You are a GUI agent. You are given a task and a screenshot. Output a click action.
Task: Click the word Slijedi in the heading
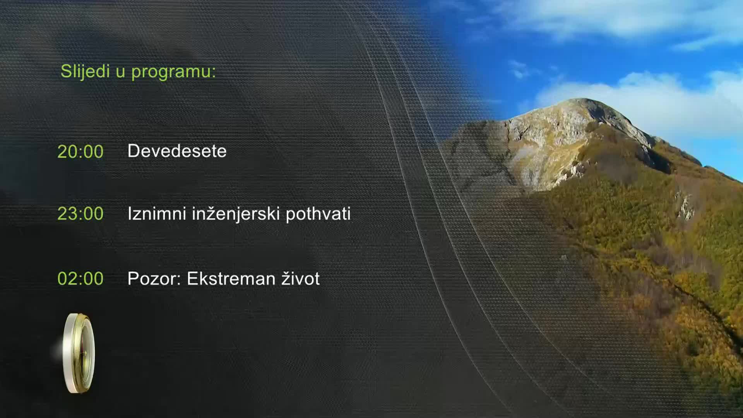(85, 72)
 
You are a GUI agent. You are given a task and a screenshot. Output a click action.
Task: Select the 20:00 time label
(80, 152)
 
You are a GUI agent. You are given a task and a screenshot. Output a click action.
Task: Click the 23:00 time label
(80, 214)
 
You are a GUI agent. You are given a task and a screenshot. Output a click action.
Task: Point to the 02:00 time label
(80, 279)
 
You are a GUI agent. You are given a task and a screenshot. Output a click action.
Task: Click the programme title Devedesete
(177, 151)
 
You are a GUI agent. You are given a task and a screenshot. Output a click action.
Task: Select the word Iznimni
(157, 214)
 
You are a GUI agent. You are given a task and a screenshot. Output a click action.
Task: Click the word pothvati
(318, 214)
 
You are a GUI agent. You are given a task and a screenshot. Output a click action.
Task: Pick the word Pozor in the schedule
(152, 279)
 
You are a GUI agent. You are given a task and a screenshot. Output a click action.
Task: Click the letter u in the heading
(120, 72)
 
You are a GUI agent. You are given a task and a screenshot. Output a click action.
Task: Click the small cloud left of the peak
(520, 70)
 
